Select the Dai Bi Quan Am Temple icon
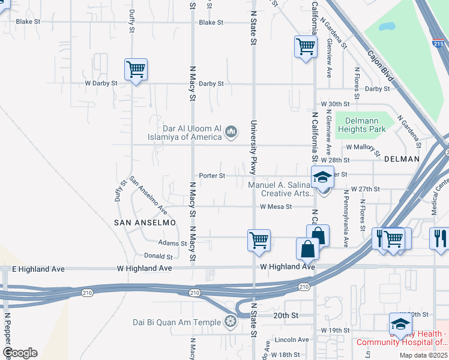(x=230, y=322)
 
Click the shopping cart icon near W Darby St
(x=136, y=70)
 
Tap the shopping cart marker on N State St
(x=258, y=240)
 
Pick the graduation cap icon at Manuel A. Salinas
(x=323, y=178)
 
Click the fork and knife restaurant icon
(x=439, y=238)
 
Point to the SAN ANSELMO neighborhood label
(x=145, y=222)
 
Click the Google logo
(x=20, y=353)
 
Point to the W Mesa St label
(x=276, y=206)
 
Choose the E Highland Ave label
(x=29, y=268)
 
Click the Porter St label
(x=212, y=176)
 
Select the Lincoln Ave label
(x=291, y=340)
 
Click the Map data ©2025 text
(x=423, y=355)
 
